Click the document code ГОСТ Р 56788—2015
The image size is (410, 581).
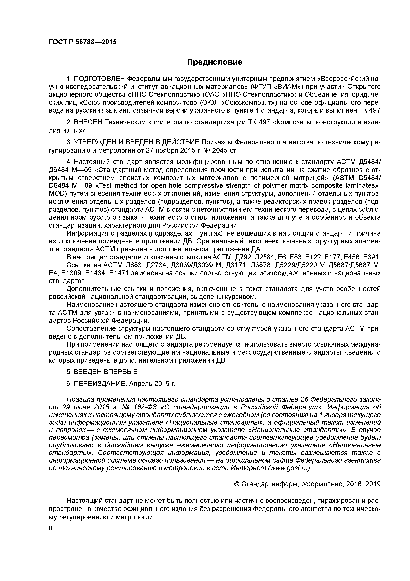(83, 42)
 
